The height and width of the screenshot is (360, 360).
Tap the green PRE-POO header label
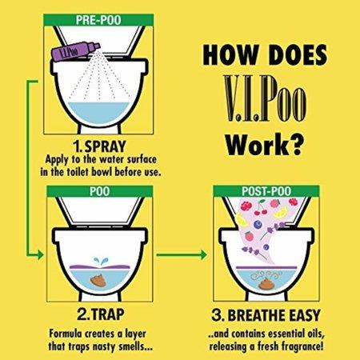click(98, 20)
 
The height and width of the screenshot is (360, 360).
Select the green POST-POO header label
click(266, 191)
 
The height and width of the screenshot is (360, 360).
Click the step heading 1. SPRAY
click(99, 146)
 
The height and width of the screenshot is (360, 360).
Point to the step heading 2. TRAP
click(101, 314)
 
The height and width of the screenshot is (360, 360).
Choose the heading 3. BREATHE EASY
click(266, 315)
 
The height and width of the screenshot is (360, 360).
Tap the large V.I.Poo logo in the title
click(265, 98)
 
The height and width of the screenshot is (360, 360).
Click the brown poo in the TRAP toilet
click(99, 280)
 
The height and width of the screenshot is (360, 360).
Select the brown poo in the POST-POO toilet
click(266, 283)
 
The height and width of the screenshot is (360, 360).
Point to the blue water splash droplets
click(101, 262)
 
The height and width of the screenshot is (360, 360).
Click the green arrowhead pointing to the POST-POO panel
click(204, 254)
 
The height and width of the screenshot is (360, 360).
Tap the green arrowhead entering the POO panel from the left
click(41, 254)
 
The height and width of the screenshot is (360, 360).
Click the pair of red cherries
click(261, 210)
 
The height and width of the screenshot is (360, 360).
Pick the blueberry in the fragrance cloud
click(258, 225)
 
